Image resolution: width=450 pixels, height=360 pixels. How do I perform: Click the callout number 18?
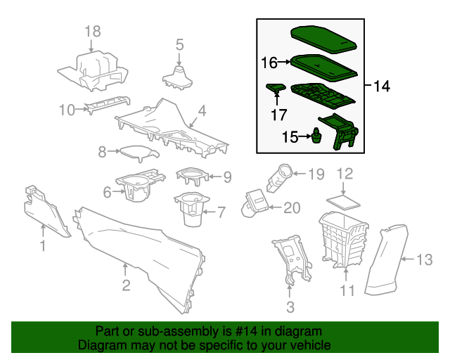click(93, 31)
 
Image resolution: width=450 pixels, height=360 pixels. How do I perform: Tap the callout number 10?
click(67, 110)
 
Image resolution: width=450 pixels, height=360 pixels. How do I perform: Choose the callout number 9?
click(227, 176)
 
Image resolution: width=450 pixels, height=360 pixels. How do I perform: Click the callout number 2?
click(126, 285)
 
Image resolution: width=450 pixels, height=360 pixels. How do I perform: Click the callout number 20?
click(291, 207)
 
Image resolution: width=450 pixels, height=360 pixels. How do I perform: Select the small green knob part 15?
click(317, 136)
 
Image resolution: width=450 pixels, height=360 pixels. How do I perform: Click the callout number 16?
click(269, 63)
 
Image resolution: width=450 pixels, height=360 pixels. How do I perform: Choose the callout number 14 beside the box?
click(381, 86)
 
